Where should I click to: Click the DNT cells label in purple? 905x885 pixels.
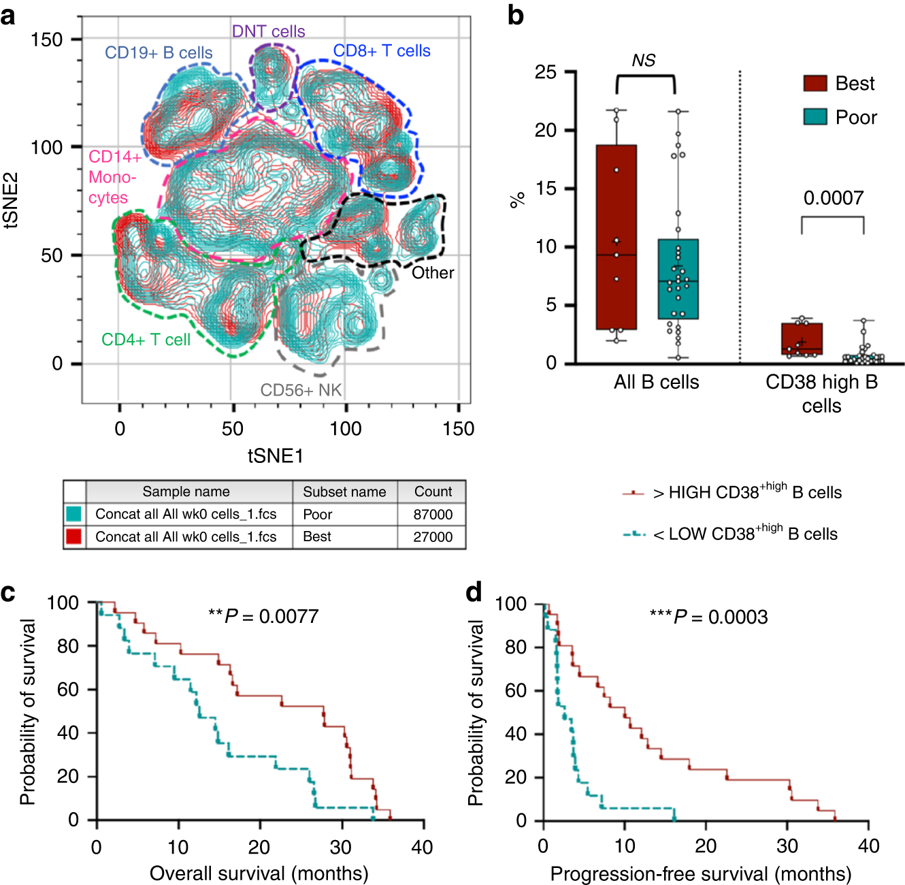point(268,31)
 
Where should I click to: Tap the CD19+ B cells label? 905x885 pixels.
point(159,52)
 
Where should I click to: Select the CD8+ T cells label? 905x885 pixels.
point(382,51)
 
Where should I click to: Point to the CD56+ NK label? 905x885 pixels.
point(301,390)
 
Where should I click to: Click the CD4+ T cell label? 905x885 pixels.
point(146,340)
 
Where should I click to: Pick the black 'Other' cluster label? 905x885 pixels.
point(433,273)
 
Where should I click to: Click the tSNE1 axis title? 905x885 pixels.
point(275,455)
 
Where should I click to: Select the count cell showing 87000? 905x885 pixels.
point(433,514)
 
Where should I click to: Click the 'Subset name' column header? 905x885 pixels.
point(344,492)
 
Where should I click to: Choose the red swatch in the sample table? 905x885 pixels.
point(73,536)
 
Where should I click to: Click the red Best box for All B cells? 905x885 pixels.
point(616,237)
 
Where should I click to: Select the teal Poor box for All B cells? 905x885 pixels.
point(678,279)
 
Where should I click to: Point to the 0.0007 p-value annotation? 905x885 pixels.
point(833,198)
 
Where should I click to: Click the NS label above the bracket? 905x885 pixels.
point(643,61)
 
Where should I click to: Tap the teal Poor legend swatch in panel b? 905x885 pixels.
point(814,117)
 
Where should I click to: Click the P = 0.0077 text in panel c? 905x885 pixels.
point(263,616)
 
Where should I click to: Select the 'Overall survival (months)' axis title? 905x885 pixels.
point(259,873)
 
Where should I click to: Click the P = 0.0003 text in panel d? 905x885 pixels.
point(708,617)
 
